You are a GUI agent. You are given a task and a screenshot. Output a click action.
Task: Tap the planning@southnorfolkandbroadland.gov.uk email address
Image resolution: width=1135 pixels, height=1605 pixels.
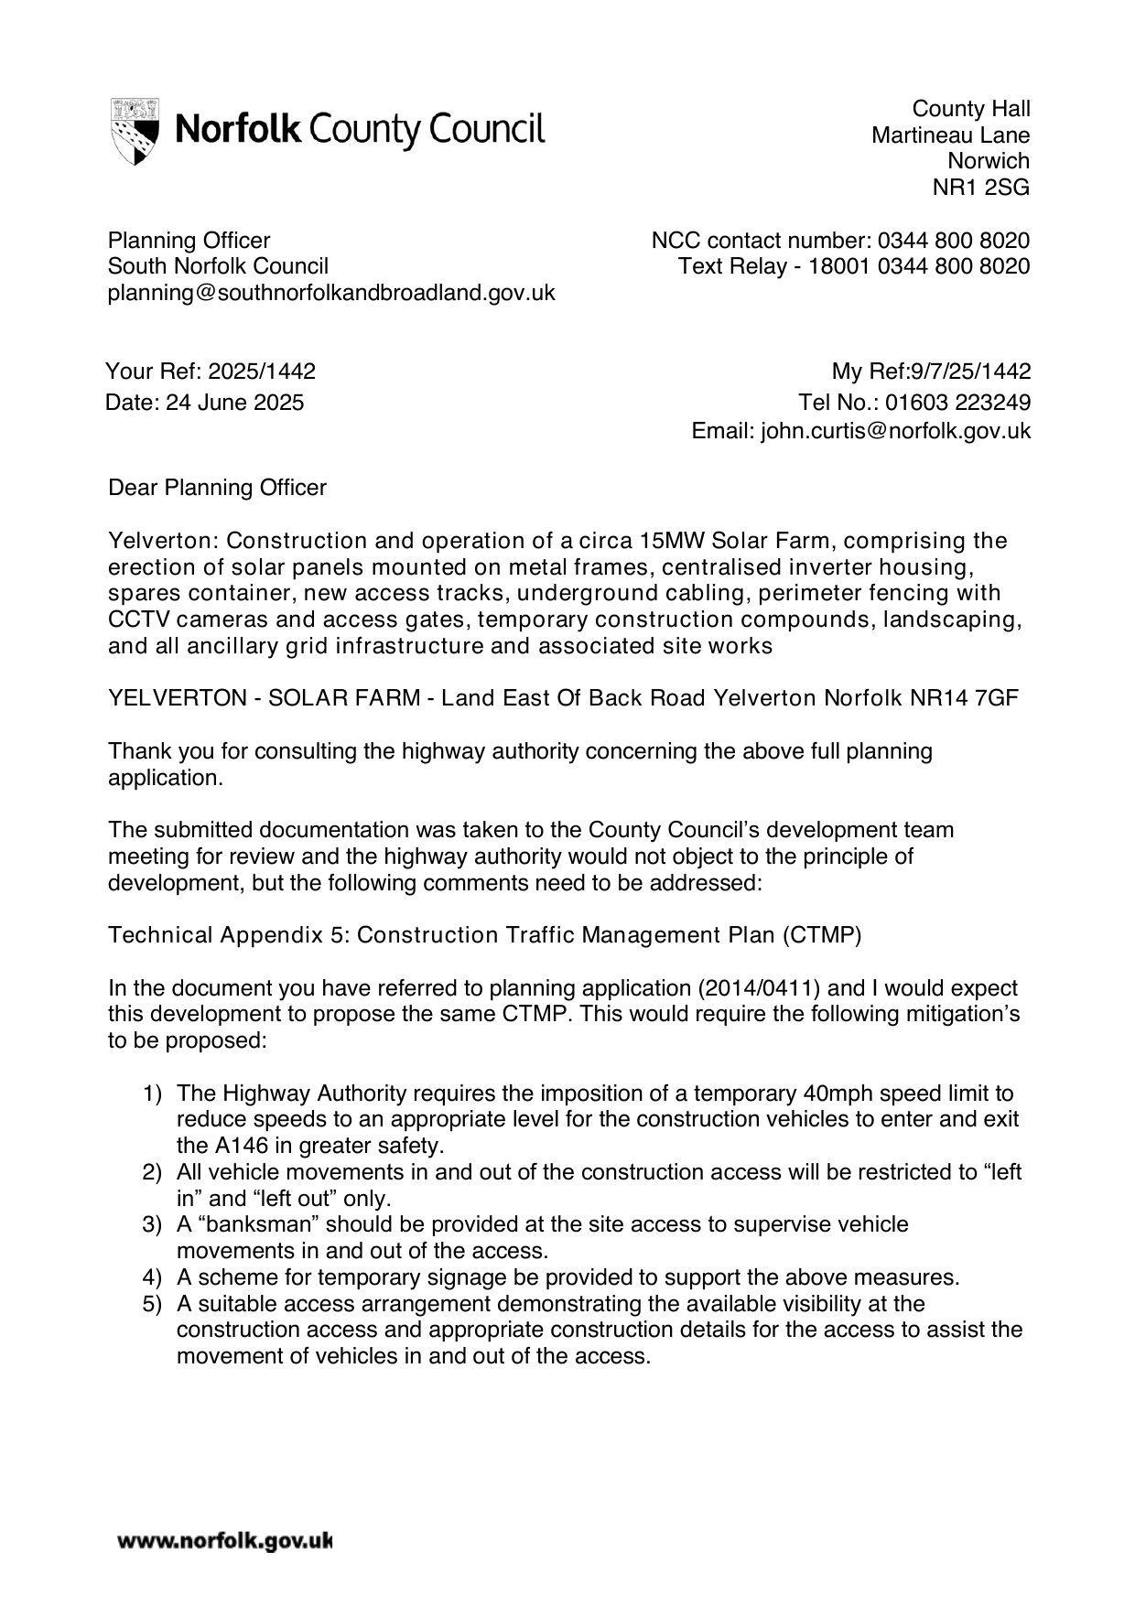click(331, 293)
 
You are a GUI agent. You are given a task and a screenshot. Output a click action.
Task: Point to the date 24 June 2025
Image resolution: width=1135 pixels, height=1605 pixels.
click(234, 403)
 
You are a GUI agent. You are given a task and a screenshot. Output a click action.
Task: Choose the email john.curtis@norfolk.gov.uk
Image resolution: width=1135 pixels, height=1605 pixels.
click(895, 431)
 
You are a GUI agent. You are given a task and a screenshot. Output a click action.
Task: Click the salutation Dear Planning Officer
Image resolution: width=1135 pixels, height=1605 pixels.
click(217, 488)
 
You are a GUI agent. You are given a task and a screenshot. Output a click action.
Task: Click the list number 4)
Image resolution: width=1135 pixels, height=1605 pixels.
click(152, 1277)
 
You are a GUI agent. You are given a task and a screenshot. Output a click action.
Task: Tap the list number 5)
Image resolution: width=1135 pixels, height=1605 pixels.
click(152, 1303)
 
